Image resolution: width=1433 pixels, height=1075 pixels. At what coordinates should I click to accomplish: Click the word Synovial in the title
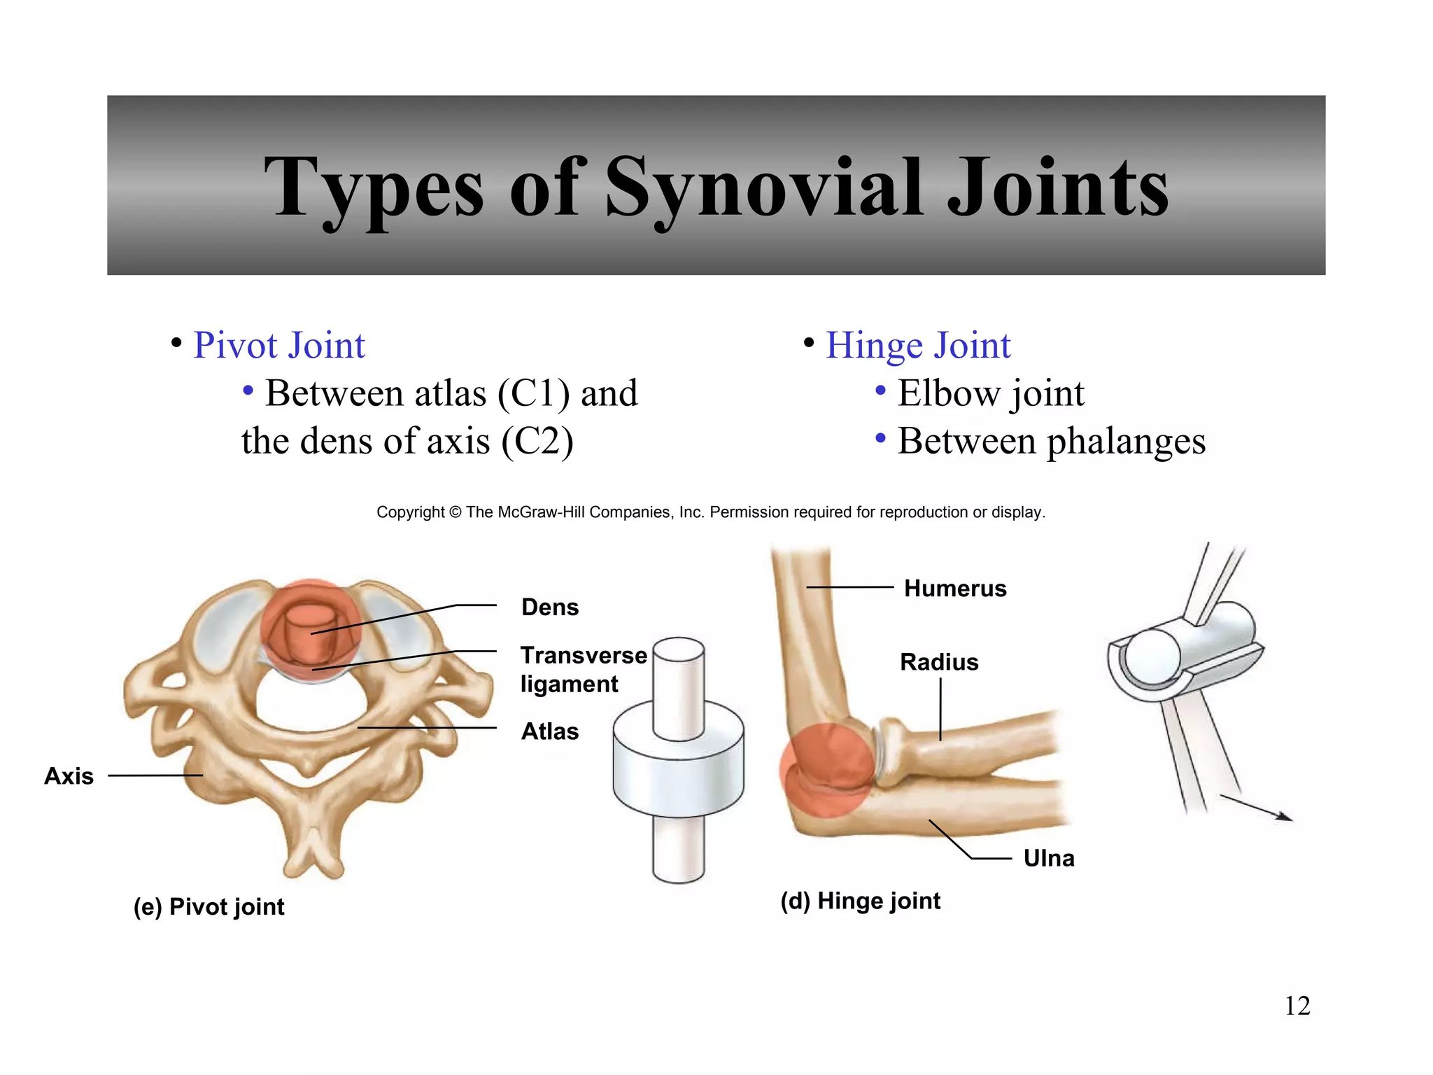[763, 188]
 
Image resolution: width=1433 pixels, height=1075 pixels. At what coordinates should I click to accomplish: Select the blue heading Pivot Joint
[278, 346]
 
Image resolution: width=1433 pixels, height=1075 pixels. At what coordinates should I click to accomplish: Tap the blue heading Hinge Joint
[918, 346]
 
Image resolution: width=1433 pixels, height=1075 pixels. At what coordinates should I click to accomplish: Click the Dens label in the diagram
[550, 607]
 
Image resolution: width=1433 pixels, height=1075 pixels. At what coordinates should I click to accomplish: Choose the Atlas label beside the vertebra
[550, 731]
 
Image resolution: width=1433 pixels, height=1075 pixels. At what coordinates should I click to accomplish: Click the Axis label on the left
[69, 776]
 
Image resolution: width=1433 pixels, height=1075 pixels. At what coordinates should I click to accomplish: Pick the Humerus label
[955, 589]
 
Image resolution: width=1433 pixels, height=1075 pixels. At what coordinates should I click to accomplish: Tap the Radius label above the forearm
[939, 662]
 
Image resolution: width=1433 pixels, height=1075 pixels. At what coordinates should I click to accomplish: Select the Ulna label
[1048, 858]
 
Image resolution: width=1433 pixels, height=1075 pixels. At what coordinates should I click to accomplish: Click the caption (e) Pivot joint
[209, 907]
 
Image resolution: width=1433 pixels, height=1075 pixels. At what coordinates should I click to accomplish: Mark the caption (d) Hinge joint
[860, 901]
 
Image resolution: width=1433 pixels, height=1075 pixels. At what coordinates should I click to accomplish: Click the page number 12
[1297, 1006]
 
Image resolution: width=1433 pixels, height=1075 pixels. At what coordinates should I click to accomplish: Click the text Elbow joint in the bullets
[991, 393]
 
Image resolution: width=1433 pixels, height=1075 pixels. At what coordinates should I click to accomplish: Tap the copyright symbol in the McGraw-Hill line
[455, 512]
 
